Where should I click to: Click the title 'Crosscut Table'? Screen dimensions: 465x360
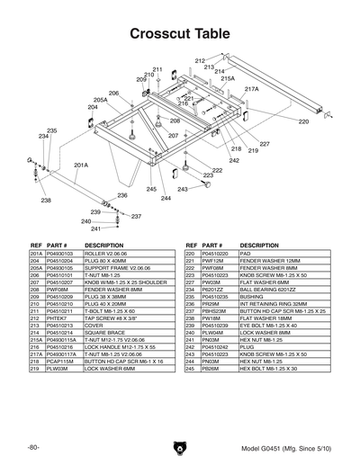(x=180, y=34)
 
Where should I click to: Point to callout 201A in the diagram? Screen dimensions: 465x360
(x=81, y=165)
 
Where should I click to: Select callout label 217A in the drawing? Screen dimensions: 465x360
(x=251, y=90)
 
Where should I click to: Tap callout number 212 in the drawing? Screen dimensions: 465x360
(x=199, y=60)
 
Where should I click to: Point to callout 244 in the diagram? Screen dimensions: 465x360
(x=166, y=197)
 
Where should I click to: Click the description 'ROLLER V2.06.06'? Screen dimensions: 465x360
(x=105, y=255)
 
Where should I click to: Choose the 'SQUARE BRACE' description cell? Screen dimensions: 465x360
(x=103, y=333)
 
